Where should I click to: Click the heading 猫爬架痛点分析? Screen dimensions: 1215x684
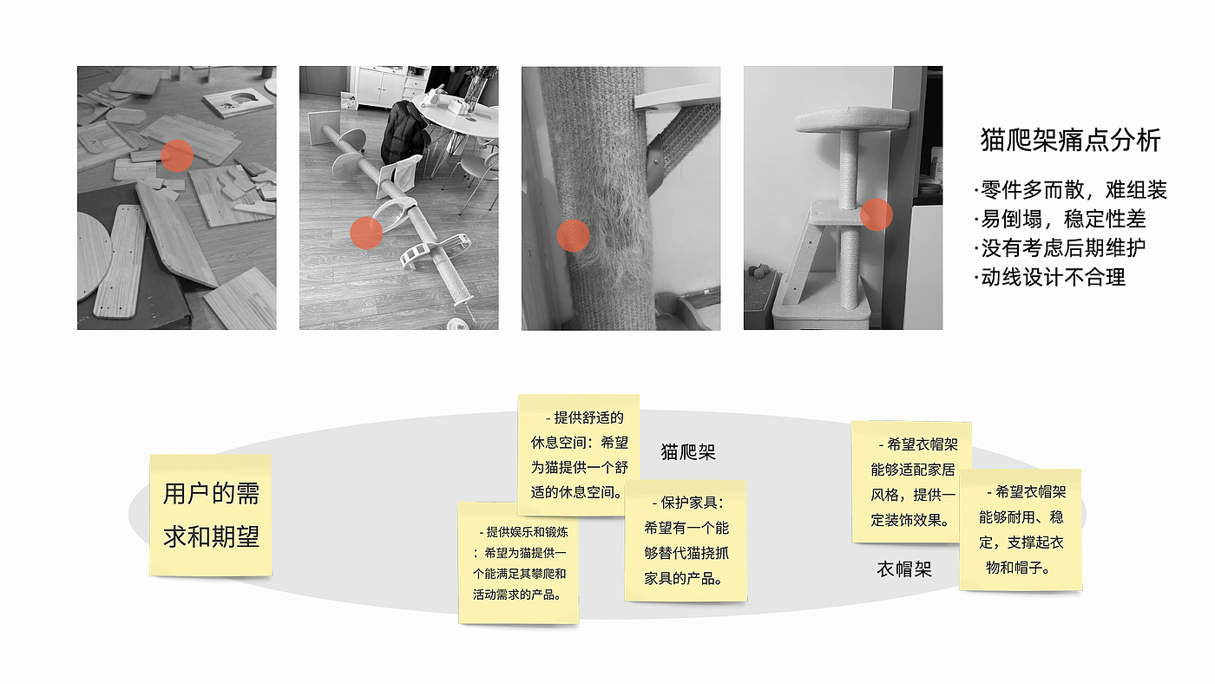click(1070, 140)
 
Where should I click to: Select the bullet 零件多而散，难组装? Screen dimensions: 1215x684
click(1070, 190)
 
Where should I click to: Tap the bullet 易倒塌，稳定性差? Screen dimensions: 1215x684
click(1060, 219)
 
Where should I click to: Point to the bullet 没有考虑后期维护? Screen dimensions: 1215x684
click(1060, 248)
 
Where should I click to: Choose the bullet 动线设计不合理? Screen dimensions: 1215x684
click(1049, 277)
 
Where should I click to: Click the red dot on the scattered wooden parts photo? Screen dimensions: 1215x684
click(177, 155)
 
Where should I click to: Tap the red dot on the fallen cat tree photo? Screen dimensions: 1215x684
click(366, 233)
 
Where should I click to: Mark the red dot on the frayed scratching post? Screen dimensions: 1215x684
click(573, 235)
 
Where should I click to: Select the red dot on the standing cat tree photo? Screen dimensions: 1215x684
click(876, 214)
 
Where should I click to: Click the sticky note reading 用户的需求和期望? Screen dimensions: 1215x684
click(210, 516)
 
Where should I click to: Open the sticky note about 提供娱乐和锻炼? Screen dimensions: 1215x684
click(519, 563)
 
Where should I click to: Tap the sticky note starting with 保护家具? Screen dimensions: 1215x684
click(686, 540)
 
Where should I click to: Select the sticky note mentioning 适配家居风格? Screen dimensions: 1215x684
click(912, 482)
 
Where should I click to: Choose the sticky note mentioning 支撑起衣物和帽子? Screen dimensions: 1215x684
click(1021, 529)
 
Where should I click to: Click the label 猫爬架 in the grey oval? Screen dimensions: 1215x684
click(688, 452)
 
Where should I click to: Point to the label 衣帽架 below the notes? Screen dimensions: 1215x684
click(904, 569)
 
